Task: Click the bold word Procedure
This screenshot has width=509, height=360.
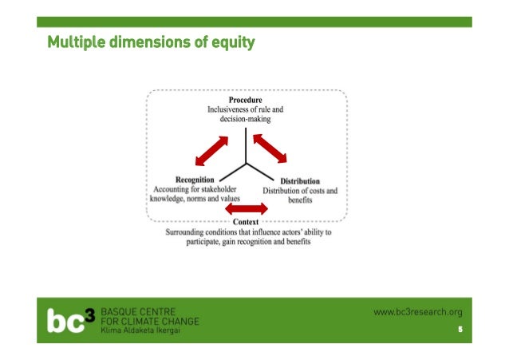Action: coord(246,100)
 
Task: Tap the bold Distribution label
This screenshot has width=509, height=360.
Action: coord(299,181)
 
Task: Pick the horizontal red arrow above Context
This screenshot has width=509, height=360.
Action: coord(246,209)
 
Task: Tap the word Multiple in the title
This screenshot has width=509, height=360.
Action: coord(72,41)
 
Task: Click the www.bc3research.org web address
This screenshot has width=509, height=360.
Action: coord(417,312)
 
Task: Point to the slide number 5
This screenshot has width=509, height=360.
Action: coord(460,330)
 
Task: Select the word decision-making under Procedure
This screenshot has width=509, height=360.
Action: coord(246,119)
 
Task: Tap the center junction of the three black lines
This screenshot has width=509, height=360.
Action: coord(246,164)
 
